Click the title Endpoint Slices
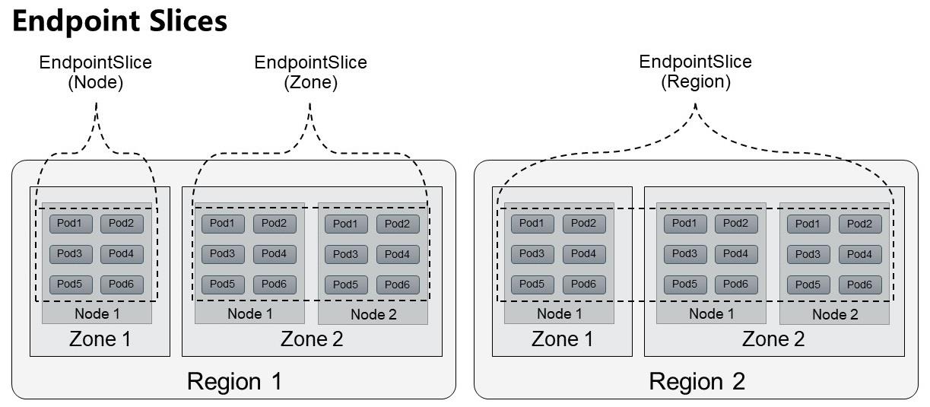(x=120, y=21)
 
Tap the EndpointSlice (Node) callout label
(x=96, y=72)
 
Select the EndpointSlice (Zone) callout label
(x=310, y=72)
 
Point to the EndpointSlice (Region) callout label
(x=695, y=72)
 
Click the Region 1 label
(x=234, y=380)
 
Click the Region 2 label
(x=697, y=380)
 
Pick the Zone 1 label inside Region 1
(x=100, y=339)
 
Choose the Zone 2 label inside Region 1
(x=312, y=339)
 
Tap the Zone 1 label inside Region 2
(x=562, y=339)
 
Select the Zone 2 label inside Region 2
(x=773, y=339)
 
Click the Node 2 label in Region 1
(x=373, y=315)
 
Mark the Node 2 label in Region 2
(x=835, y=315)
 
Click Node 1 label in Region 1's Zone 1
(x=97, y=313)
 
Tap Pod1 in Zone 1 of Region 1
(x=71, y=223)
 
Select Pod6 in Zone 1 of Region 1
(x=122, y=285)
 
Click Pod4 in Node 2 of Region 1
(x=398, y=254)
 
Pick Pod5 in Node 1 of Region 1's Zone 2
(x=223, y=284)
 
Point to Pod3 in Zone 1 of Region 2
(x=532, y=253)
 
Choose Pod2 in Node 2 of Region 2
(x=860, y=224)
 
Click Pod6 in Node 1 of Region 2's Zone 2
(x=736, y=284)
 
